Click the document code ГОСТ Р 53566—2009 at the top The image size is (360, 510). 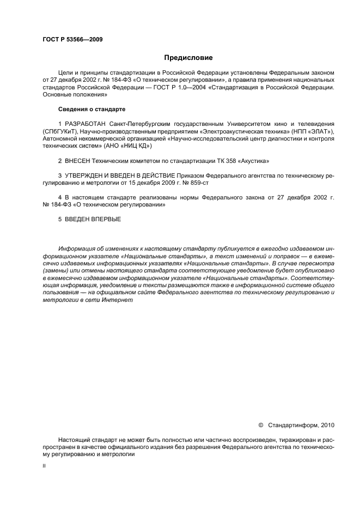tap(72, 39)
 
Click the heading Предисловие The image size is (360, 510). tap(188, 57)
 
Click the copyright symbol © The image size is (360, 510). tap(260, 424)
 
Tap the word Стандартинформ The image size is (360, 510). tap(294, 424)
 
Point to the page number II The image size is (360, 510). tap(44, 466)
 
